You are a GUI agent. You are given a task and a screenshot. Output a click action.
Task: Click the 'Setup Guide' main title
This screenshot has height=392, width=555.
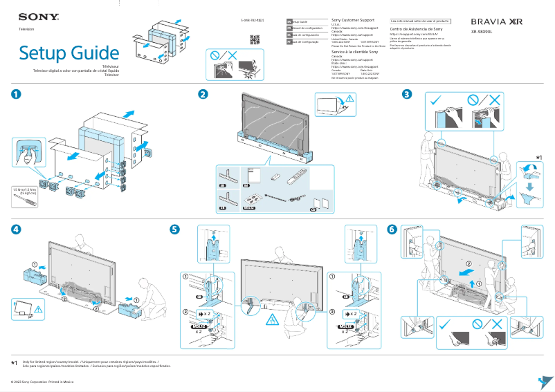69,53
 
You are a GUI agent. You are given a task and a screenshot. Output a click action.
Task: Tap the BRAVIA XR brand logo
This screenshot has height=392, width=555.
496,22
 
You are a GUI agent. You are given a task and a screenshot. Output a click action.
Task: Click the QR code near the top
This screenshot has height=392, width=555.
254,39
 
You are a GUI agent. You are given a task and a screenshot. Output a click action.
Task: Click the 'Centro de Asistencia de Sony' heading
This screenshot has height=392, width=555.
417,29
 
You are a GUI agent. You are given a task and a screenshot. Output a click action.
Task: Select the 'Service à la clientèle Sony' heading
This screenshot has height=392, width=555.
354,52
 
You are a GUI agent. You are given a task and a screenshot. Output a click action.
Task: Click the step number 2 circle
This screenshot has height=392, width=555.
203,95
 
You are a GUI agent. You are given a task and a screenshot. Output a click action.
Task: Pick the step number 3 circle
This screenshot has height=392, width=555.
408,95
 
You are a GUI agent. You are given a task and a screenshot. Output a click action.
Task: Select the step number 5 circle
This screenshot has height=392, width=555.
175,229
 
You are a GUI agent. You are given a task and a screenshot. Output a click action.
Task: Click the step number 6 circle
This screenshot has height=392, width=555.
392,229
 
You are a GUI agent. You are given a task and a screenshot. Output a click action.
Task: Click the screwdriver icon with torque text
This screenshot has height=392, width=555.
26,196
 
